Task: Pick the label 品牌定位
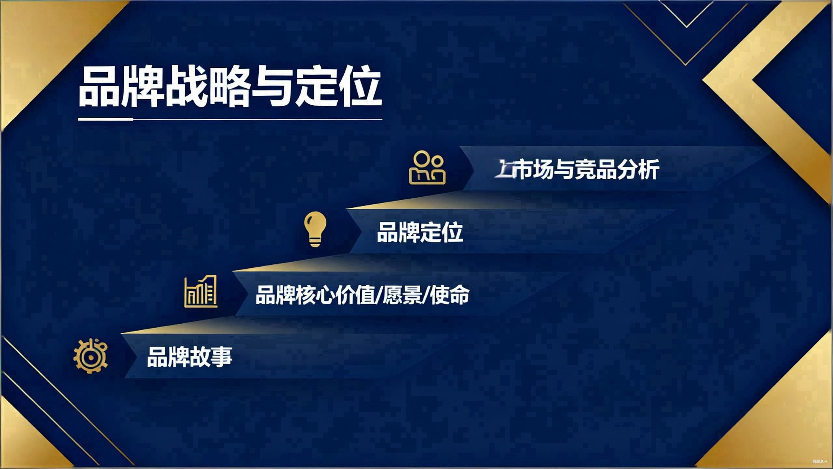point(420,232)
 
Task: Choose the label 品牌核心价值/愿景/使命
point(362,295)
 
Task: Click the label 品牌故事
point(189,357)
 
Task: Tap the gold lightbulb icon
point(315,229)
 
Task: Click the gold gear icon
point(90,356)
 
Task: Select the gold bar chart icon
point(200,291)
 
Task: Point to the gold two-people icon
point(427,167)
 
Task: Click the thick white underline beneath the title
point(105,119)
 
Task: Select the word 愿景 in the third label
point(402,295)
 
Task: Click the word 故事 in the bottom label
point(211,357)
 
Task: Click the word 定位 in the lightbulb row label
point(441,232)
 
